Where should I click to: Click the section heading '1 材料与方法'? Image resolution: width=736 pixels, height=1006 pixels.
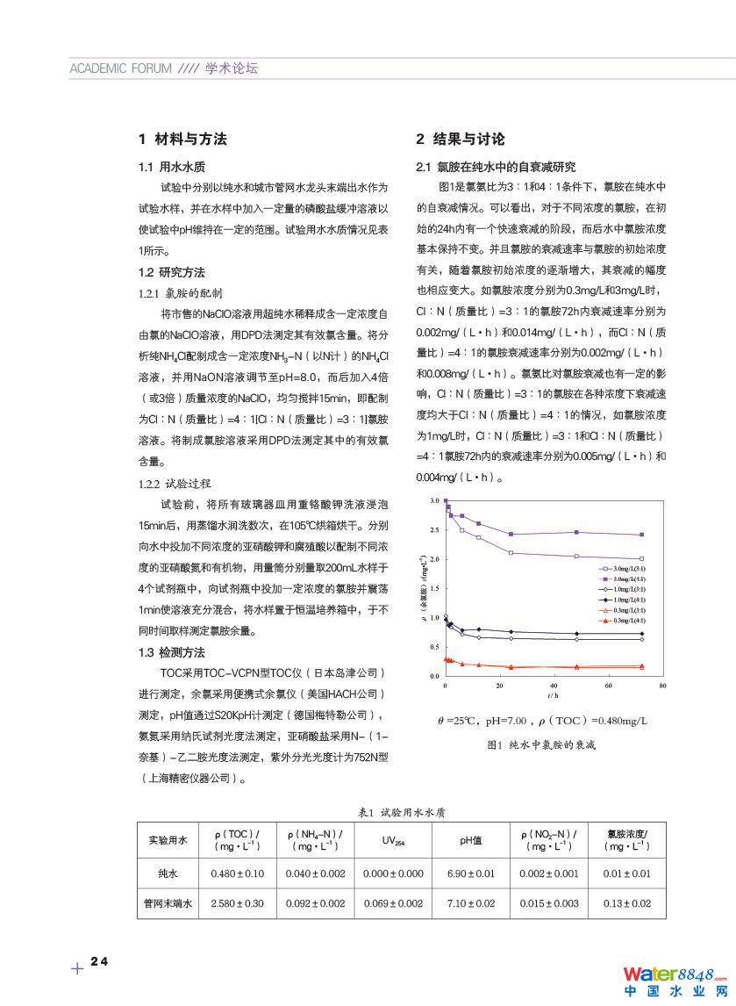182,139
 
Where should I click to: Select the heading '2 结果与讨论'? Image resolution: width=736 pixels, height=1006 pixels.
460,139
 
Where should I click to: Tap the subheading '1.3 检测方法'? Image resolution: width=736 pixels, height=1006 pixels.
171,652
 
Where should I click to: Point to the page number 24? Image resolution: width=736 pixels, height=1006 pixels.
98,962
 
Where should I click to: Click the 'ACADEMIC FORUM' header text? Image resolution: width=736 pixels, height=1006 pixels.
120,68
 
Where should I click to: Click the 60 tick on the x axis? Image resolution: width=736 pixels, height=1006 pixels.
608,685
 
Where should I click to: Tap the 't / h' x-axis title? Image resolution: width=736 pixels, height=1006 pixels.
553,694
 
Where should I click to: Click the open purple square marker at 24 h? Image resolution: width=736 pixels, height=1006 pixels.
511,553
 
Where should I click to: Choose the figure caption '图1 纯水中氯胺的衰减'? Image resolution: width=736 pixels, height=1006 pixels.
540,744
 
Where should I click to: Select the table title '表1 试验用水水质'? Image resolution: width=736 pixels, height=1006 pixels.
404,813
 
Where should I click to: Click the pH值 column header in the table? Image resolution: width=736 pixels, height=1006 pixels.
471,840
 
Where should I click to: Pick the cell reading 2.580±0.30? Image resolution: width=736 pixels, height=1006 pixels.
238,902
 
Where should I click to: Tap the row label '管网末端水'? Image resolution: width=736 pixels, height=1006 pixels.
168,902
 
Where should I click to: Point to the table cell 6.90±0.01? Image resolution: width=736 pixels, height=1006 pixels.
471,873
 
